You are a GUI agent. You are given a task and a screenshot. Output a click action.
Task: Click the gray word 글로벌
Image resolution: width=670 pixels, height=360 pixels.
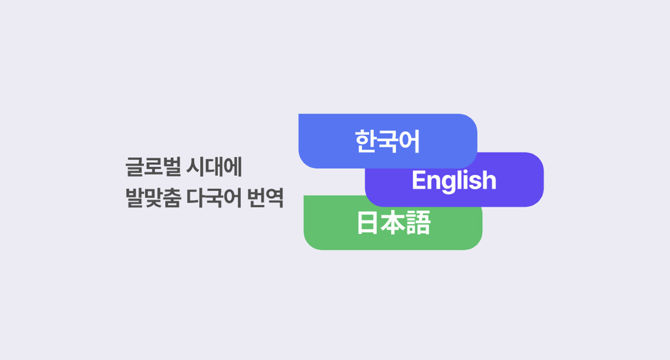tap(153, 166)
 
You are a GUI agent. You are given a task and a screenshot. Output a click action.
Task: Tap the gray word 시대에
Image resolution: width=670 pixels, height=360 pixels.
tap(214, 166)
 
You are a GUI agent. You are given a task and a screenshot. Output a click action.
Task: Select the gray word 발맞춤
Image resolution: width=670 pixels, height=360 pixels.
tap(153, 198)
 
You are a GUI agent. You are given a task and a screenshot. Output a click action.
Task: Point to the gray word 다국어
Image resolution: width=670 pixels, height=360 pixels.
tap(214, 198)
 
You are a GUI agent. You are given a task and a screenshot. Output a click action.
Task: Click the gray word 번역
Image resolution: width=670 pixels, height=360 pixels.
tap(265, 198)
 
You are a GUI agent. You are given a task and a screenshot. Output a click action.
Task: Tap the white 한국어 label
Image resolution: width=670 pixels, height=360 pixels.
tap(388, 141)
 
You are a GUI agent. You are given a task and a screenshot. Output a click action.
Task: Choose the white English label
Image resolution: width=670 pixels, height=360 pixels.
tap(454, 181)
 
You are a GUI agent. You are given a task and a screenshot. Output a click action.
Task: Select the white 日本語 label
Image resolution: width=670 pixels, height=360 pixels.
tap(394, 222)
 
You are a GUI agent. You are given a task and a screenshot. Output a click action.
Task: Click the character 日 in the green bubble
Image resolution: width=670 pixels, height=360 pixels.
tap(367, 222)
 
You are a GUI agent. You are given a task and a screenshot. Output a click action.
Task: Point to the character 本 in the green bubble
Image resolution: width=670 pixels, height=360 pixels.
tap(393, 222)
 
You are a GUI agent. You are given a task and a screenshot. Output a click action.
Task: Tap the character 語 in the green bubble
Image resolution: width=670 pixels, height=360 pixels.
tap(418, 222)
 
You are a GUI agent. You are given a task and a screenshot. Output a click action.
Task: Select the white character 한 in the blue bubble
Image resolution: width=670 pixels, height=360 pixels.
tap(365, 141)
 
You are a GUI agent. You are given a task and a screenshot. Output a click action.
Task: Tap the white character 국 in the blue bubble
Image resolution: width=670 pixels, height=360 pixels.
tap(388, 142)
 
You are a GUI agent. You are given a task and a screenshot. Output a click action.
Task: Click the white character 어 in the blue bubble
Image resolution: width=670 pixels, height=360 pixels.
tap(410, 141)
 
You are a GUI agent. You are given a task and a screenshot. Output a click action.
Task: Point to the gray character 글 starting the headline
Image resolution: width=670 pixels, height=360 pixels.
tap(135, 167)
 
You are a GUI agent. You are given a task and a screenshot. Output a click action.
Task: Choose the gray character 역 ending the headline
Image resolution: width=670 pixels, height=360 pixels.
tap(275, 198)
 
